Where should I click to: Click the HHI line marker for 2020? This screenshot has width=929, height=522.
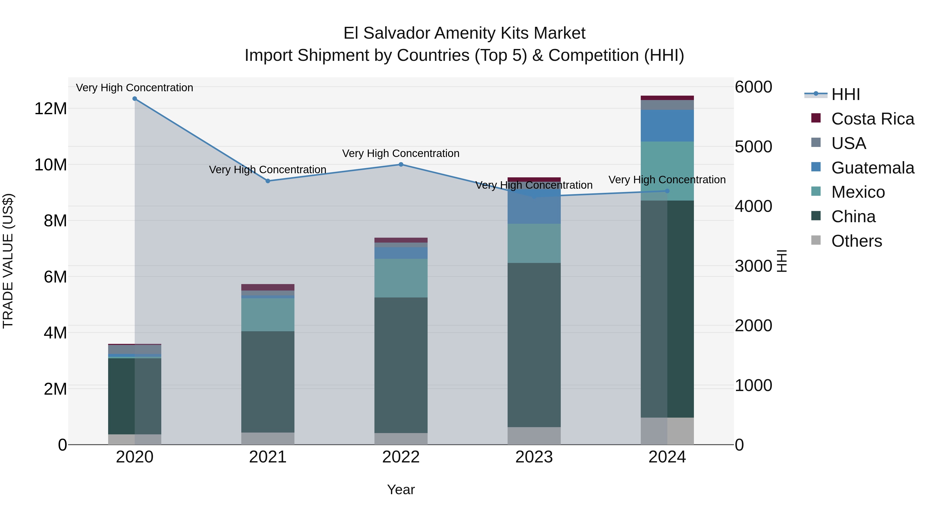[134, 99]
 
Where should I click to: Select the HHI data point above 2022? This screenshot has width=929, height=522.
[401, 165]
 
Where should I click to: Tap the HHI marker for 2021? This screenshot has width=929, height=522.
[268, 181]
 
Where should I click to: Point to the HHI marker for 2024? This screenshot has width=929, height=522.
[667, 191]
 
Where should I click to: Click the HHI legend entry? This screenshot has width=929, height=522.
[845, 94]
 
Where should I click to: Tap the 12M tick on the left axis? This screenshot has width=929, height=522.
[51, 109]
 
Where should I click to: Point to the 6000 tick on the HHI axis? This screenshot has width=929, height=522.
[753, 87]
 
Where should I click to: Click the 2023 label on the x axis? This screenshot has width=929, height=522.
[534, 457]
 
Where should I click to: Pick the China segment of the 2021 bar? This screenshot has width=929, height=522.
[268, 382]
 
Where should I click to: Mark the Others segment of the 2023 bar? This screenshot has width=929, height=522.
[534, 436]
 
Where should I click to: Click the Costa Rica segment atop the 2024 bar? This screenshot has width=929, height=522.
[667, 98]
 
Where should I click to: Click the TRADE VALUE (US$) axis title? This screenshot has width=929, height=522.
[8, 261]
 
